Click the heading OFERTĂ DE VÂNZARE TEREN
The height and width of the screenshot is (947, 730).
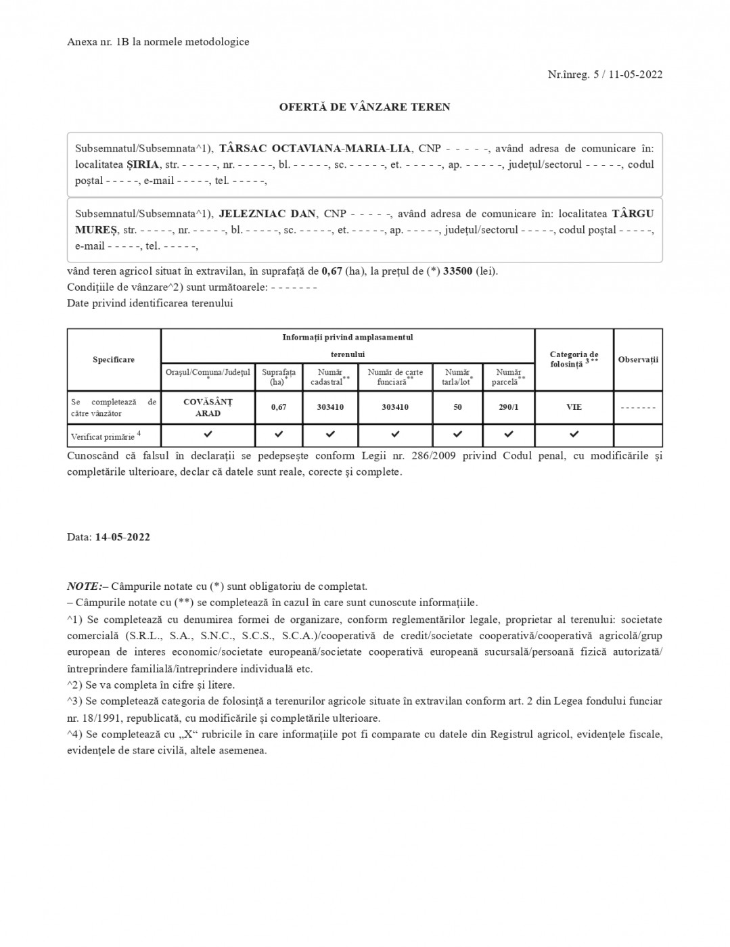365,107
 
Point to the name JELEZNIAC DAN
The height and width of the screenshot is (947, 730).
267,214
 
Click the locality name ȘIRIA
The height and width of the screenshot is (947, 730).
143,164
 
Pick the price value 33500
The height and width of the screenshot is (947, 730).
457,271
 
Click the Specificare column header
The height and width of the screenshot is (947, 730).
114,359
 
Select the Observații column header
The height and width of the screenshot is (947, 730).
637,359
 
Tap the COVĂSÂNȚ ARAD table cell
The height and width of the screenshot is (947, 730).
208,407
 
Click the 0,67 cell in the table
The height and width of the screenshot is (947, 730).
279,407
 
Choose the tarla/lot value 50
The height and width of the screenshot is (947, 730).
457,407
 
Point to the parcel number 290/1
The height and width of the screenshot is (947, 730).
508,407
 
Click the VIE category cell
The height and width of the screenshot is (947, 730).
574,407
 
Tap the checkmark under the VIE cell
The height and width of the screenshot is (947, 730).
574,434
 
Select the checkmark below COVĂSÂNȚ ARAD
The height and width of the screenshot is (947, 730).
208,434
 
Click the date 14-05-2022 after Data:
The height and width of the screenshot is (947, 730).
122,537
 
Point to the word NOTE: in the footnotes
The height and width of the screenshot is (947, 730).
85,586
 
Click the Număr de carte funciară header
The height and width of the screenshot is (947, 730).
395,377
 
